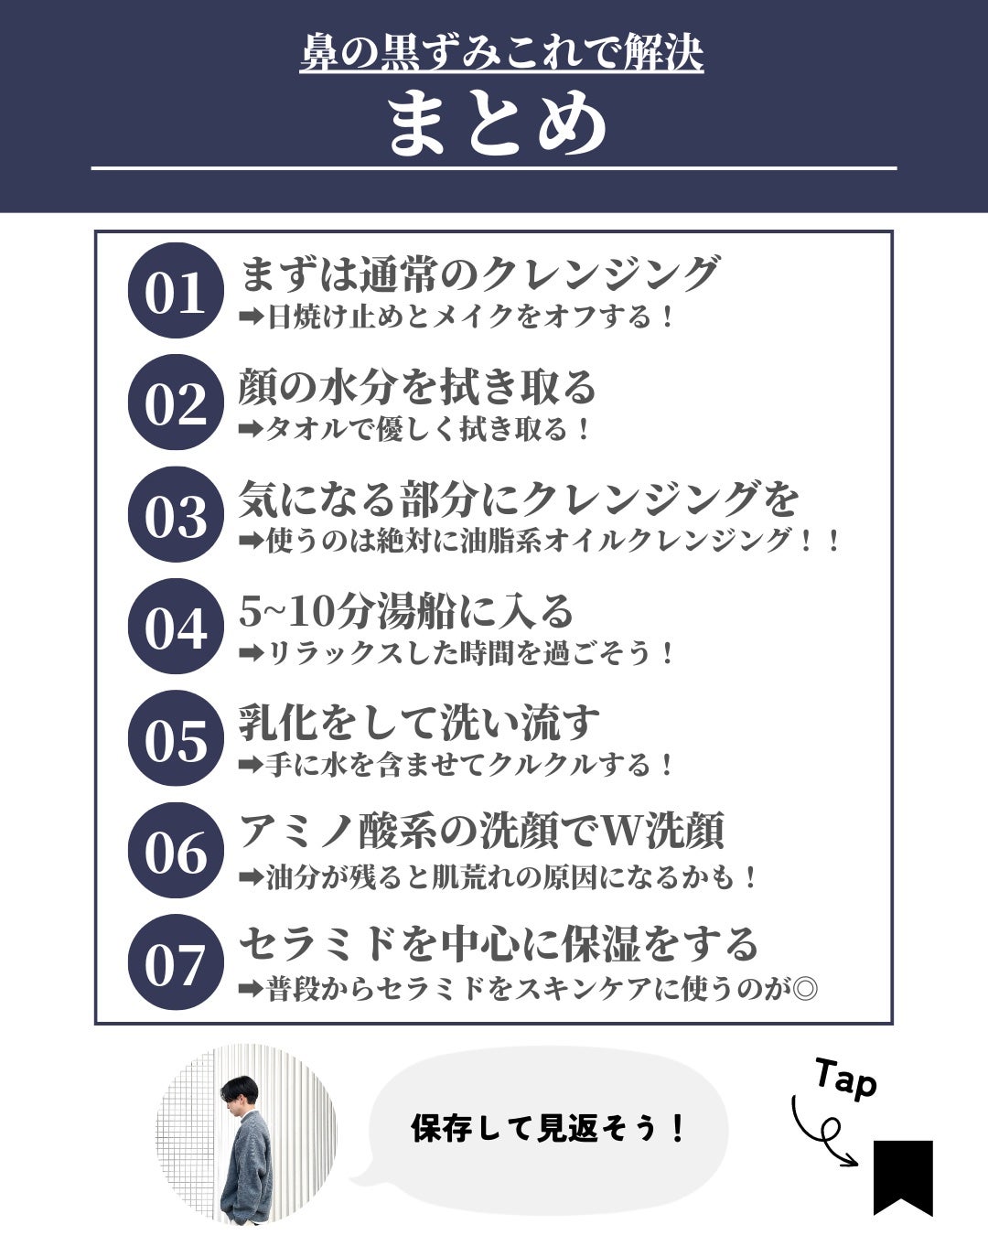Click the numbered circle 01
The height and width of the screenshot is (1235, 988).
pos(176,290)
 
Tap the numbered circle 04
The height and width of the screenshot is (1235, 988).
pos(176,626)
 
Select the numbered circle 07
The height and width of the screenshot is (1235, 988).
pos(176,961)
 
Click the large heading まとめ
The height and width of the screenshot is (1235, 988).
pos(497,124)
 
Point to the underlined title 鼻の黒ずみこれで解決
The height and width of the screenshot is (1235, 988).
pos(501,53)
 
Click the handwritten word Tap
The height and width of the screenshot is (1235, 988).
pos(846,1079)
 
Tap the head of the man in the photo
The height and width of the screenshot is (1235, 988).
pos(240,1093)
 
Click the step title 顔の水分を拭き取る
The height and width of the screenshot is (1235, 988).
pos(417,387)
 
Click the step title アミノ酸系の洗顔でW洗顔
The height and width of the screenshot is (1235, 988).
pos(481,831)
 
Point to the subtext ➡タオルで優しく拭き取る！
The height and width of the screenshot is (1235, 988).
pos(414,429)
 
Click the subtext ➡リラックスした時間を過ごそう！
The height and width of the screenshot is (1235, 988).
pos(456,653)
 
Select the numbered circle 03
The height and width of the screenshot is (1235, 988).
pos(176,514)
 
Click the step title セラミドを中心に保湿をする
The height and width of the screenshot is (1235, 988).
pos(499,943)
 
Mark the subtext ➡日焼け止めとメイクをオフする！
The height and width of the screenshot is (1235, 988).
pos(456,317)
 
